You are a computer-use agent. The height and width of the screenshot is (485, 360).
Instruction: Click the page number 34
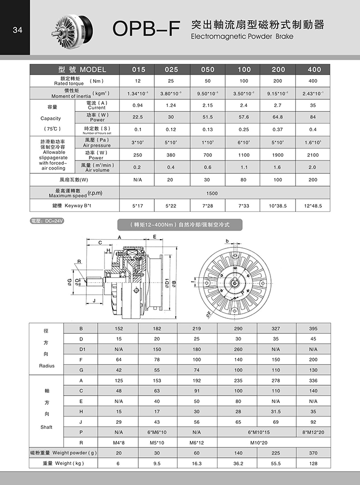coord(17,29)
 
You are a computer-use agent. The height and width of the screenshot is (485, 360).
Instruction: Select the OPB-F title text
coord(146,30)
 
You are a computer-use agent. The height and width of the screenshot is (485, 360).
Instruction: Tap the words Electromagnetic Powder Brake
coord(241,38)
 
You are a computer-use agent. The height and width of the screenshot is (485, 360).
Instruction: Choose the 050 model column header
coord(208,69)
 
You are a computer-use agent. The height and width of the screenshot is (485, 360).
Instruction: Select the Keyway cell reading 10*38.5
coord(278,206)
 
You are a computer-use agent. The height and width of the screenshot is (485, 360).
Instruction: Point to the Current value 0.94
coord(137,105)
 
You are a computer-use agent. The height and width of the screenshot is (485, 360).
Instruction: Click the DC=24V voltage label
coord(44,221)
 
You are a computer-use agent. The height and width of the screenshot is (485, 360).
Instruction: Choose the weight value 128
coord(313,464)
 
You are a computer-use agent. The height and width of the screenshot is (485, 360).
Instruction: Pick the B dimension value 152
coord(119,328)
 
